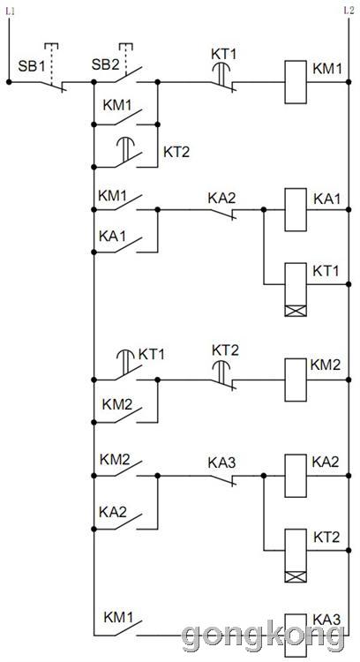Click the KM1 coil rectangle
296,82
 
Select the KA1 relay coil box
296,210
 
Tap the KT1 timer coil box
296,290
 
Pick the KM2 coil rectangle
296,380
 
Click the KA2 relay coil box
296,476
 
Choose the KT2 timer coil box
296,555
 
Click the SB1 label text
31,66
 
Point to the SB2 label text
105,65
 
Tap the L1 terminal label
10,11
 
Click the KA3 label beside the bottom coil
326,621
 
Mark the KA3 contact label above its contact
221,463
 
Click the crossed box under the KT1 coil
296,312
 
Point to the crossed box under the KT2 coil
296,576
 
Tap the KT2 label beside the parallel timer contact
176,153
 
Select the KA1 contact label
112,237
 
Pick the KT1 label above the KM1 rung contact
224,55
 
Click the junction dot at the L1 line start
9,82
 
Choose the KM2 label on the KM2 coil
326,365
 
